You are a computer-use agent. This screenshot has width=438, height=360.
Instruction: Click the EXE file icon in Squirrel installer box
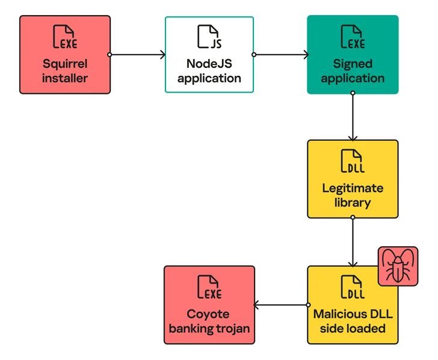click(x=65, y=37)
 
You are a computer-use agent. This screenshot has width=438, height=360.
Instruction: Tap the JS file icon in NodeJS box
click(x=209, y=37)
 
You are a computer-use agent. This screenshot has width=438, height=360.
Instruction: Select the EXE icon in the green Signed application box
click(x=353, y=37)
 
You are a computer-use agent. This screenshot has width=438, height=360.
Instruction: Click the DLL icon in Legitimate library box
click(x=353, y=161)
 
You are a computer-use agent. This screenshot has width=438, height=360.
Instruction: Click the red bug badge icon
click(x=397, y=266)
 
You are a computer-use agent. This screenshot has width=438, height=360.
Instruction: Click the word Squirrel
click(x=65, y=63)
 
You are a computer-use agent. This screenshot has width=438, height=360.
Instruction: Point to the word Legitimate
click(x=353, y=188)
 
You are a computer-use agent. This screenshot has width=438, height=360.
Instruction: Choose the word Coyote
click(x=209, y=314)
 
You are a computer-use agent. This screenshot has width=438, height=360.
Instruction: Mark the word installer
click(x=65, y=78)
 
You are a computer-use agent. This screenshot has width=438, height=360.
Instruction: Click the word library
click(x=353, y=202)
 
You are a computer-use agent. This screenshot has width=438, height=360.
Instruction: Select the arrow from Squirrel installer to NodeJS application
click(x=138, y=55)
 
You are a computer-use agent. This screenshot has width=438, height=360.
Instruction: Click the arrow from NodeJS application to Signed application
click(x=281, y=55)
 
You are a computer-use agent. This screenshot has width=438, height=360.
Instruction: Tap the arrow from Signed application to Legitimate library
click(x=353, y=117)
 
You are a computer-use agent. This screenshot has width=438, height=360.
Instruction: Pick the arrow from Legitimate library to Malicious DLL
click(x=353, y=242)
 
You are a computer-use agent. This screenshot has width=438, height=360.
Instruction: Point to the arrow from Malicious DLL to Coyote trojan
click(x=281, y=306)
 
